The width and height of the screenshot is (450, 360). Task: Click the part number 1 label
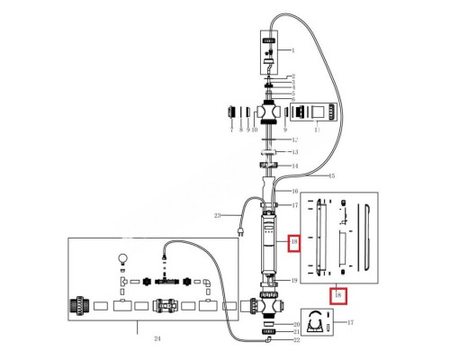click(x=292, y=51)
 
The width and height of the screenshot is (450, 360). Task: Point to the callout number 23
click(x=217, y=215)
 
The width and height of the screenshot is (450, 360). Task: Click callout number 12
click(x=294, y=139)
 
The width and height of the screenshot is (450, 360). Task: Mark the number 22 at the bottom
click(x=297, y=342)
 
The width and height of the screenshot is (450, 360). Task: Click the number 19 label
click(x=294, y=281)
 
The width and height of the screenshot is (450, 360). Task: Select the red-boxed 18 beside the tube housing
click(x=292, y=243)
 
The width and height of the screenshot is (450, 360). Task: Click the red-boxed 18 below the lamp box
click(x=337, y=295)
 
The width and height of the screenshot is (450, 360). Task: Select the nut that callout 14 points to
click(x=268, y=166)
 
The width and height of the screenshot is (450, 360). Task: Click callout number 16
click(x=293, y=192)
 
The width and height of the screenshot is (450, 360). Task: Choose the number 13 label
click(x=293, y=153)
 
